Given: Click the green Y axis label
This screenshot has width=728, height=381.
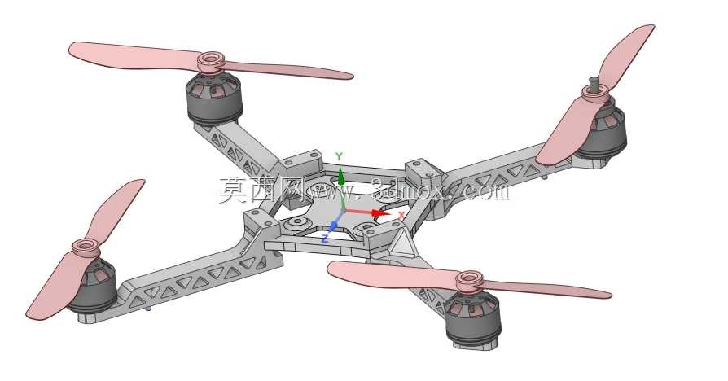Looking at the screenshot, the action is tap(339, 156).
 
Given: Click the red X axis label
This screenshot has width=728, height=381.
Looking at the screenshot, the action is tap(402, 214).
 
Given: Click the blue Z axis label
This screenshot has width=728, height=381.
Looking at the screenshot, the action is tap(325, 239).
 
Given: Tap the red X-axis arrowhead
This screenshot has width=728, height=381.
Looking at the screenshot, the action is tap(382, 213).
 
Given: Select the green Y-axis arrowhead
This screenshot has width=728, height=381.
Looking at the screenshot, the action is tap(340, 176).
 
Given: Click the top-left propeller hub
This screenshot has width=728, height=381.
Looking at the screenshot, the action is tap(211, 61).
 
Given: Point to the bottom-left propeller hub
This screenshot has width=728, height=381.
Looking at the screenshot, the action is tap(86, 247).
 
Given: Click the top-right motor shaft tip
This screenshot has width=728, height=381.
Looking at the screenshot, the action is tap(593, 80).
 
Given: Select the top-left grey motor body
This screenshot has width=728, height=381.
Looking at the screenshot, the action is tap(214, 99).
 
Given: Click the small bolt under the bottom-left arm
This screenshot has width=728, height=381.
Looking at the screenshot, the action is tap(148, 308).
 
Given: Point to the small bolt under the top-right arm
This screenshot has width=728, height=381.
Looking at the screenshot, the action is tap(545, 177).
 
